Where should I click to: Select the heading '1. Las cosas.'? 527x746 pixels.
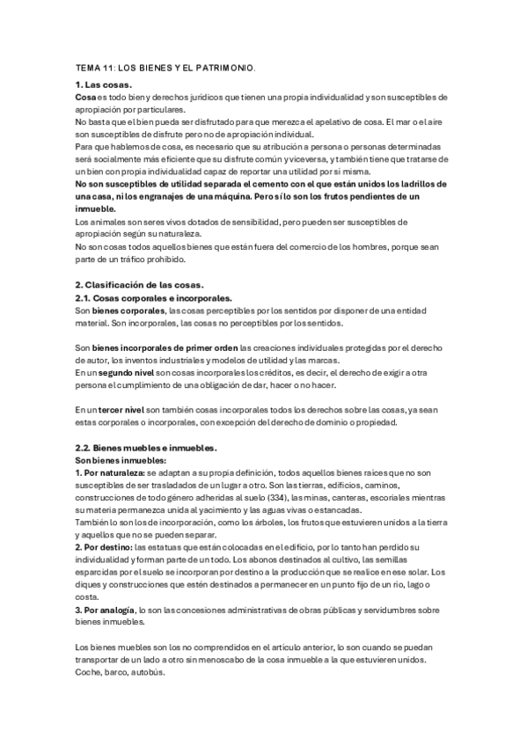point(103,84)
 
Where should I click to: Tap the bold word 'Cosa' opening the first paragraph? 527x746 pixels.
point(85,97)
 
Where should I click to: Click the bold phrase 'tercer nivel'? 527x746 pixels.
point(121,409)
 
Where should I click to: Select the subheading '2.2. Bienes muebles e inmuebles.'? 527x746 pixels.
point(144,447)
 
